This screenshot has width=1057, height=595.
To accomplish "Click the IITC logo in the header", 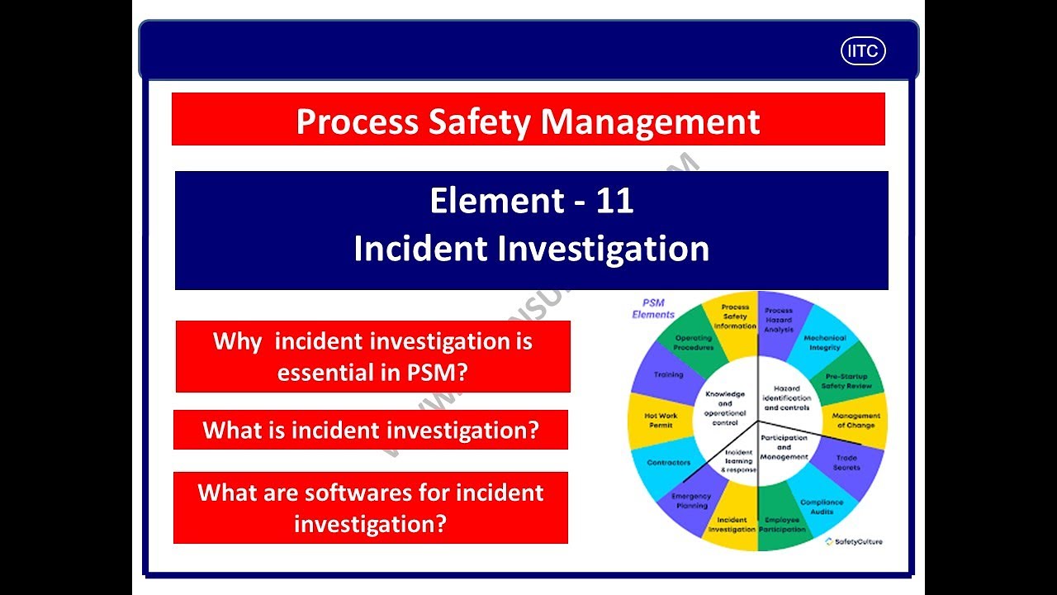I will pos(863,51).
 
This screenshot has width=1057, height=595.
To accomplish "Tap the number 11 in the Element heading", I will pos(614,201).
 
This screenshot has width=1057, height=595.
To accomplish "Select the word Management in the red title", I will pos(650,121).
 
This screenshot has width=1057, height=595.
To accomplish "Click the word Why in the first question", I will pos(238,341).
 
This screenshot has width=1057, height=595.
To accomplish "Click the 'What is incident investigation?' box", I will pos(371,430).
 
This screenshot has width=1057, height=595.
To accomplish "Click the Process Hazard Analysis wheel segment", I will pos(778,321).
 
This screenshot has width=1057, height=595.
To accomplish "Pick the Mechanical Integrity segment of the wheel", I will pos(824,343).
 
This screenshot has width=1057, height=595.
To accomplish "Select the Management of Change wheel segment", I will pos(856,421).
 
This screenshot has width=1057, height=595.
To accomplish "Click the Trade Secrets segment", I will pos(846,463).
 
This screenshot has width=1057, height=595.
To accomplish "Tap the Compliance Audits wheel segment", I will pos(821,506).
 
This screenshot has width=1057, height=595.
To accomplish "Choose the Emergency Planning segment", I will pos(690,501).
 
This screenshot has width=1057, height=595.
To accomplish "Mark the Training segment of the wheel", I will pos(668,374).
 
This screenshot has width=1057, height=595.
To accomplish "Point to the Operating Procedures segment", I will pos(693,343).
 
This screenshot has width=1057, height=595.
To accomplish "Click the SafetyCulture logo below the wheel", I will pos(854,541).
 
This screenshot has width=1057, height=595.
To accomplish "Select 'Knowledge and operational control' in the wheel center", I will pos(724,407).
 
